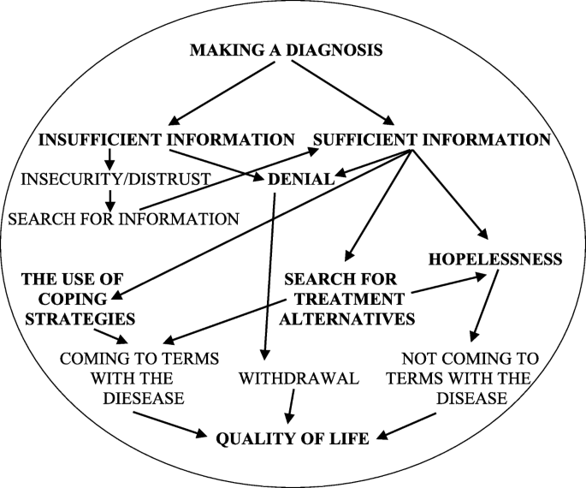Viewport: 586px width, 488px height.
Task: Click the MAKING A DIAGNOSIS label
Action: (286, 51)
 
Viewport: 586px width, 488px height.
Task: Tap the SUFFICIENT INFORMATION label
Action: (431, 139)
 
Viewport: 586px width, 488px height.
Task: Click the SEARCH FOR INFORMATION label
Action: (123, 219)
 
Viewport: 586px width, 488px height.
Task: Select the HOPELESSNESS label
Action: (495, 258)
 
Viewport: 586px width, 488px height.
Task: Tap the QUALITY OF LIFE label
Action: (292, 439)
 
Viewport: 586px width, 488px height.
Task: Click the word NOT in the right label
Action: (425, 358)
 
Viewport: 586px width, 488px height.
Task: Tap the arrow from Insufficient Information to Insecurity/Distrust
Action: (110, 159)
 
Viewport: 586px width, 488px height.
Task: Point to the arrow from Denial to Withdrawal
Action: (269, 274)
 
